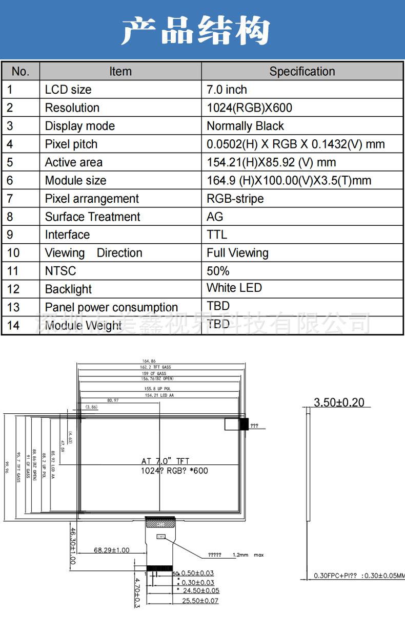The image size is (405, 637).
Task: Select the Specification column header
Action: [x=302, y=72]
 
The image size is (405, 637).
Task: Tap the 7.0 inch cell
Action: [x=227, y=90]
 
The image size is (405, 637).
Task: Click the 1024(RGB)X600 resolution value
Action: [x=249, y=108]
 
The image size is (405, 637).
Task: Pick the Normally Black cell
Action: [x=245, y=126]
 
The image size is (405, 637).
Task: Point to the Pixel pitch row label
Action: [x=71, y=144]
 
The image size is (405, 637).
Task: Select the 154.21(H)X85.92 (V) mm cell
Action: [x=271, y=162]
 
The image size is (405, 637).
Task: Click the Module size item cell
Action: [x=76, y=181]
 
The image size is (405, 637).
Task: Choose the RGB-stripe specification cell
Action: [x=235, y=199]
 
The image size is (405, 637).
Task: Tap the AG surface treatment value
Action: [x=215, y=217]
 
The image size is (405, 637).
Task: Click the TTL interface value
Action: [x=216, y=235]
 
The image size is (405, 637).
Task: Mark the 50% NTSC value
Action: [x=218, y=271]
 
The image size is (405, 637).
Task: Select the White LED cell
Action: [x=234, y=288]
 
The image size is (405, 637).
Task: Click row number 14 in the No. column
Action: [x=13, y=325]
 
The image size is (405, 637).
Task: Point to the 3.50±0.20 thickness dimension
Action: [x=339, y=402]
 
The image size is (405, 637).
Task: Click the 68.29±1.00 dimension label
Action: [x=112, y=550]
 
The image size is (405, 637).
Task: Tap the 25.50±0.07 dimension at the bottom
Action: [x=201, y=601]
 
